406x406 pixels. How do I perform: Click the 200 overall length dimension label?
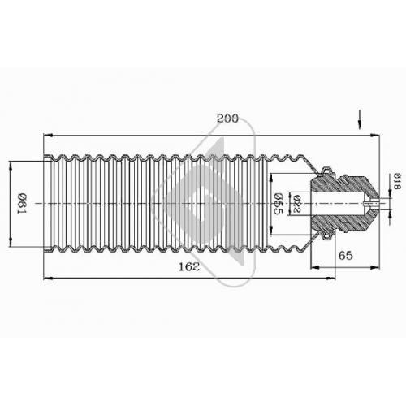click(x=227, y=119)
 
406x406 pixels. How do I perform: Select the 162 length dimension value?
click(x=189, y=266)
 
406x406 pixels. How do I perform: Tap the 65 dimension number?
click(x=346, y=255)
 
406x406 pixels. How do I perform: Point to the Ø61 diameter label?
click(x=22, y=203)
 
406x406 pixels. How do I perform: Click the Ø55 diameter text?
click(x=278, y=204)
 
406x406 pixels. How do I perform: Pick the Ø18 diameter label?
click(x=397, y=181)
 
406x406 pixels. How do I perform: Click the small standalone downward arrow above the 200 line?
click(x=360, y=119)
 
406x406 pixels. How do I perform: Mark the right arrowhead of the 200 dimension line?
click(x=375, y=135)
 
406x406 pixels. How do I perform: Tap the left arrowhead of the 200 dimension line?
click(x=48, y=135)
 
